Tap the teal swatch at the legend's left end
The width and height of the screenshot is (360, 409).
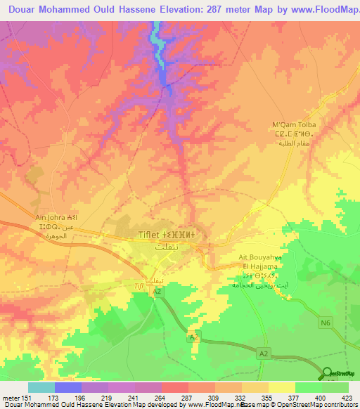tap(41, 388)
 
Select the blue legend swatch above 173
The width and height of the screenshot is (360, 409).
tap(67, 388)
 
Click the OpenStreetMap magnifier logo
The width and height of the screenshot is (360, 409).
tap(327, 373)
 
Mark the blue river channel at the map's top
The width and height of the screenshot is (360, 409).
tap(161, 56)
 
